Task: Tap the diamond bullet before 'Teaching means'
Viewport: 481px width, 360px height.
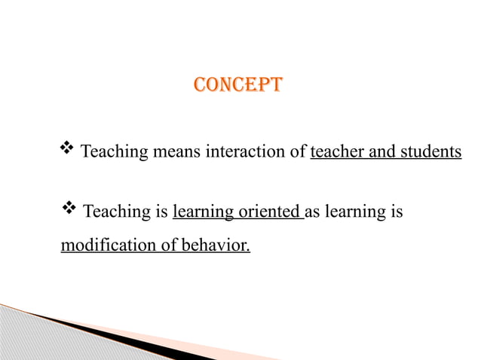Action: pos(67,149)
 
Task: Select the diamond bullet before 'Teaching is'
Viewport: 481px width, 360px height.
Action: pos(67,210)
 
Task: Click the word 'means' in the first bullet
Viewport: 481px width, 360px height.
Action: pos(176,153)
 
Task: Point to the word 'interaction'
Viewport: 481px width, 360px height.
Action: pos(246,153)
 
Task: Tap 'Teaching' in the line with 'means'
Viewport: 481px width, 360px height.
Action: pos(114,153)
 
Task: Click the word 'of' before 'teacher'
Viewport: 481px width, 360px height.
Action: pos(299,153)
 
